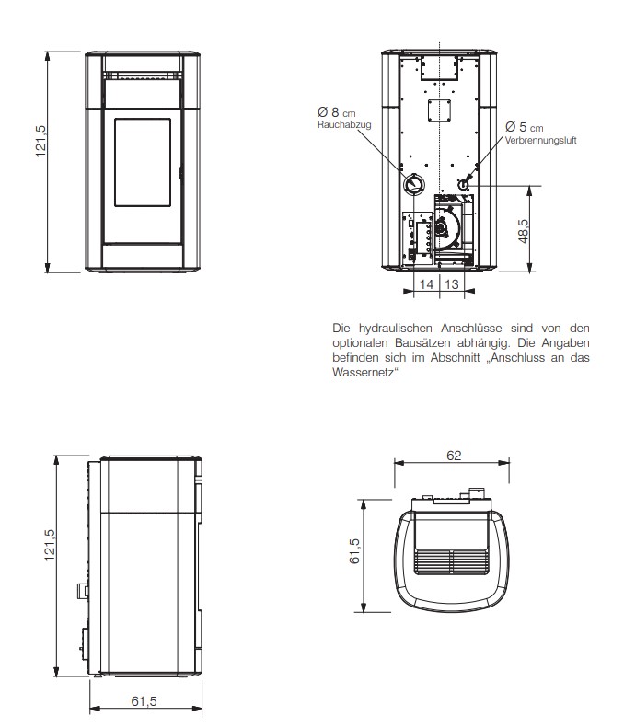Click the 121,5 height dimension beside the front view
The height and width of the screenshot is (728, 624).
tap(40, 141)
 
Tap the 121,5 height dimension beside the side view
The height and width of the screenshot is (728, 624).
tap(50, 545)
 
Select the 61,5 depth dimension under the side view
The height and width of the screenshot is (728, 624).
tap(144, 700)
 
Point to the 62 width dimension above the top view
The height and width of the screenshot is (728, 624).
tap(454, 456)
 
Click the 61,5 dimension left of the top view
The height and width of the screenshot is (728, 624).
tap(354, 551)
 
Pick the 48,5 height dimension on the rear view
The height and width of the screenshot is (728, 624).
tap(524, 231)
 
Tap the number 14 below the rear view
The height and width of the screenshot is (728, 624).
tap(426, 283)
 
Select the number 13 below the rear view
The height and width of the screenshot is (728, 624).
tap(452, 283)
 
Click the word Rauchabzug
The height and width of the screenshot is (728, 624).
tap(344, 124)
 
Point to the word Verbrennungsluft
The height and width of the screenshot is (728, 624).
tap(540, 140)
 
